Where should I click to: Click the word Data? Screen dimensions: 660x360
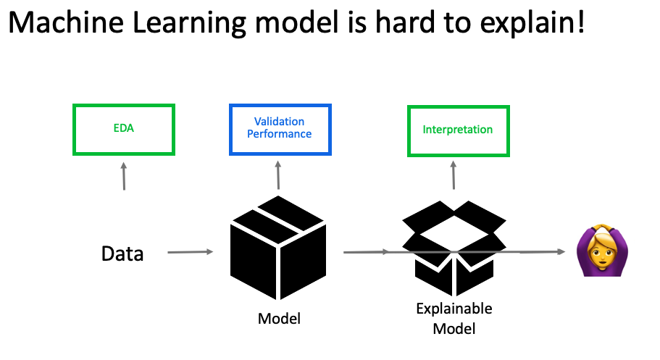[122, 254]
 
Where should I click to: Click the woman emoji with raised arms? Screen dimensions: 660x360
[602, 250]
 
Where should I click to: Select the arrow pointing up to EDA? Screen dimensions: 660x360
[124, 177]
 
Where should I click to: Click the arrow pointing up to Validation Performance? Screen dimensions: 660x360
[278, 175]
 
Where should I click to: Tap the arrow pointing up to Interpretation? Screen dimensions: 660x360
[454, 175]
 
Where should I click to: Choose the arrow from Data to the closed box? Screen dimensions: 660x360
[191, 252]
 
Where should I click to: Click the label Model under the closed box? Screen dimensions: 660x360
[279, 319]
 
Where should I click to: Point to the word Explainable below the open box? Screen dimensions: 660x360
[454, 309]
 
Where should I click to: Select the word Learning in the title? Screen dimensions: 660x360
[189, 24]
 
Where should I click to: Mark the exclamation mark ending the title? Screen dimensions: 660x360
[581, 22]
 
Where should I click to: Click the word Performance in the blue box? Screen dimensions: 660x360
[280, 134]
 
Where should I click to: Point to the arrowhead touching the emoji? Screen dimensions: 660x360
[561, 252]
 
